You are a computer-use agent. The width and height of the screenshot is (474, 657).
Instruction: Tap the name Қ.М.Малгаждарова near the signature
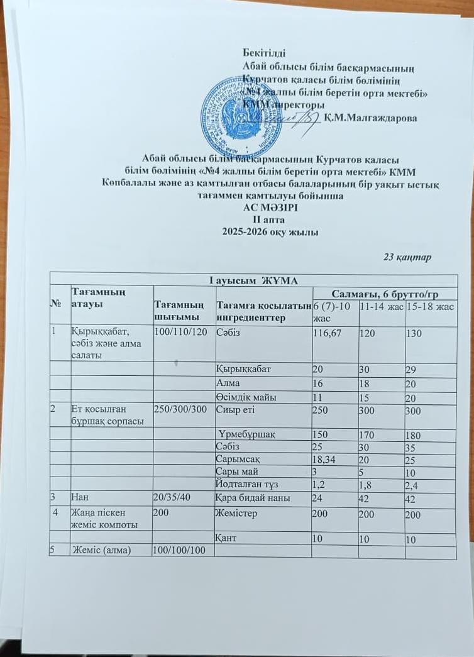pyautogui.click(x=371, y=118)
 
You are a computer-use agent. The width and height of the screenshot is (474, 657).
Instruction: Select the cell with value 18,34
pyautogui.click(x=325, y=459)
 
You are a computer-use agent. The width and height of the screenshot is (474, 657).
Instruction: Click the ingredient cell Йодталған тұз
pyautogui.click(x=249, y=483)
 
